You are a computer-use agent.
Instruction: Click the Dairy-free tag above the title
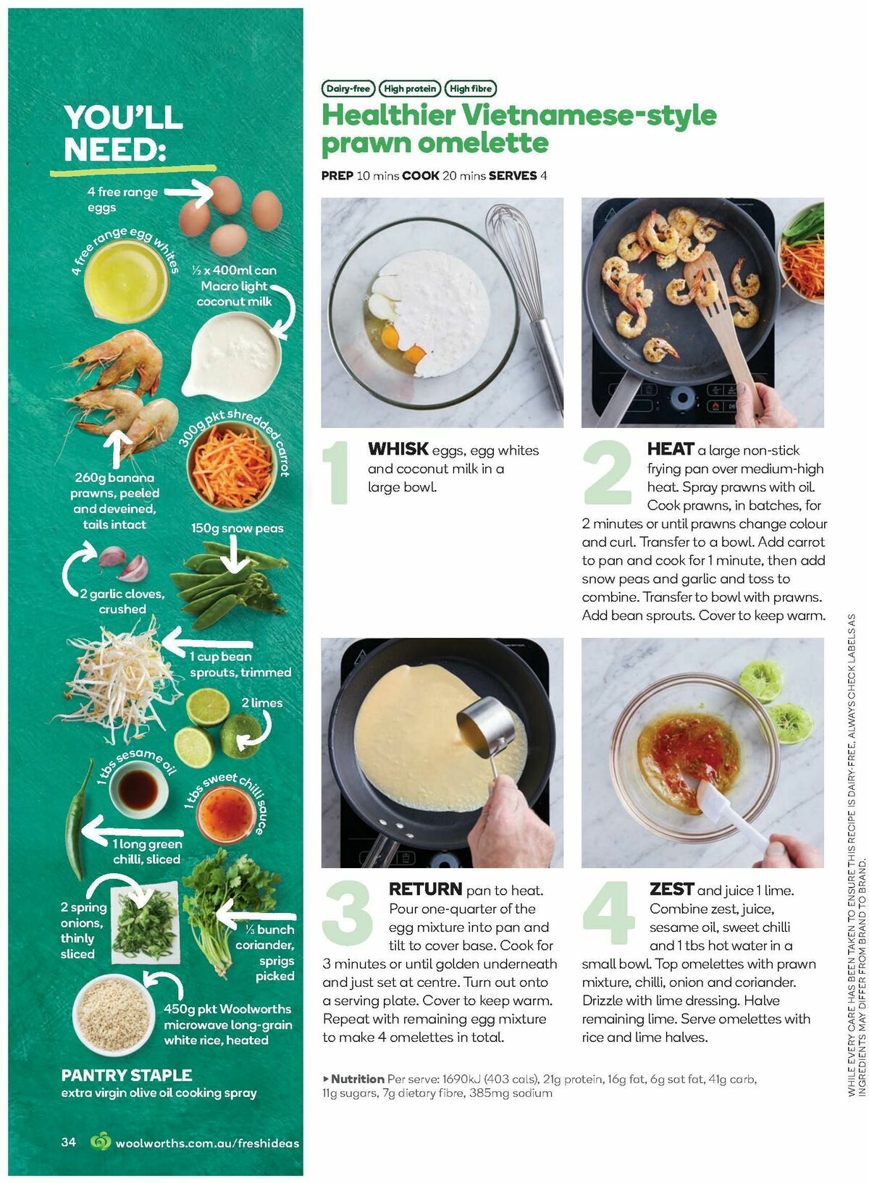348,89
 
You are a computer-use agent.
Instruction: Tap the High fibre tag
471,89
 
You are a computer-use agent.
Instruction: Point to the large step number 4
608,913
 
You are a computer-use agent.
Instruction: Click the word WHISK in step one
398,449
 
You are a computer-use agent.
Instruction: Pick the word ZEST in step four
671,889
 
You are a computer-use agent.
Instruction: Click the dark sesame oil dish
138,788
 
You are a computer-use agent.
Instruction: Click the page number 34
69,1142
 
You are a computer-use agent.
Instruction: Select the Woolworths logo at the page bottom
101,1142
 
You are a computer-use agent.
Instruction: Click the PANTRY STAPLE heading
127,1075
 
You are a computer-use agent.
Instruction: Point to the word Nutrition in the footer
357,1079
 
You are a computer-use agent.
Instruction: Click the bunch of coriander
224,905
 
